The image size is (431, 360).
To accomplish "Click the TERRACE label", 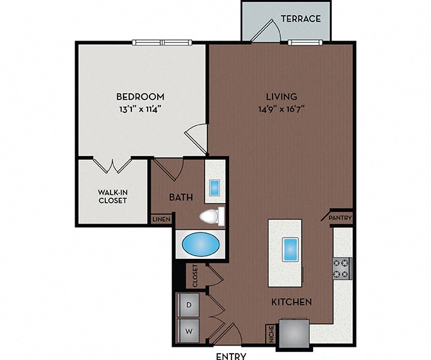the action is click(x=301, y=19).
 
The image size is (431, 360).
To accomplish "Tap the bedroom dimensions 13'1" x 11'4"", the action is click(x=140, y=109).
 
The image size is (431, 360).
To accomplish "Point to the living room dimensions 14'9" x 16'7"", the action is click(x=282, y=109).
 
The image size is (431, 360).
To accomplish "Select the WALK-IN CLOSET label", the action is click(x=113, y=196).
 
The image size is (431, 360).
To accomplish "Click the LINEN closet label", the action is click(x=162, y=219).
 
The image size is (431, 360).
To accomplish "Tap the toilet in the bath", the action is click(x=212, y=217).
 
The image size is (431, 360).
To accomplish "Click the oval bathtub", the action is click(x=201, y=244).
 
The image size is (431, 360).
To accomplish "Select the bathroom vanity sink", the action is click(x=215, y=188).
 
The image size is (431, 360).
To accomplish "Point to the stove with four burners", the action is click(x=342, y=268).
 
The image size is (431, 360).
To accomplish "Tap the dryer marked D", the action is click(x=189, y=304).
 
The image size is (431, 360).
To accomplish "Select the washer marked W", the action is click(x=189, y=331).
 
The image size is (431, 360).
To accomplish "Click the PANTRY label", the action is click(x=340, y=218).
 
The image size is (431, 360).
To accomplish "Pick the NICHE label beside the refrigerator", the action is click(x=271, y=334).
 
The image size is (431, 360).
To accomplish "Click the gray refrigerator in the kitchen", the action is click(x=295, y=333).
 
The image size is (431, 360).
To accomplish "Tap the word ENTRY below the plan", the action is click(x=231, y=356).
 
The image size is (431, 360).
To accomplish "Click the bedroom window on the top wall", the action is click(x=162, y=42).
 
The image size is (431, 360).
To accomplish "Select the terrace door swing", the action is click(x=266, y=31).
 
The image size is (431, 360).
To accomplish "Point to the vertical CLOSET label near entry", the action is click(x=195, y=276).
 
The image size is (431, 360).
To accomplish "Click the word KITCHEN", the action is click(x=292, y=302).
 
